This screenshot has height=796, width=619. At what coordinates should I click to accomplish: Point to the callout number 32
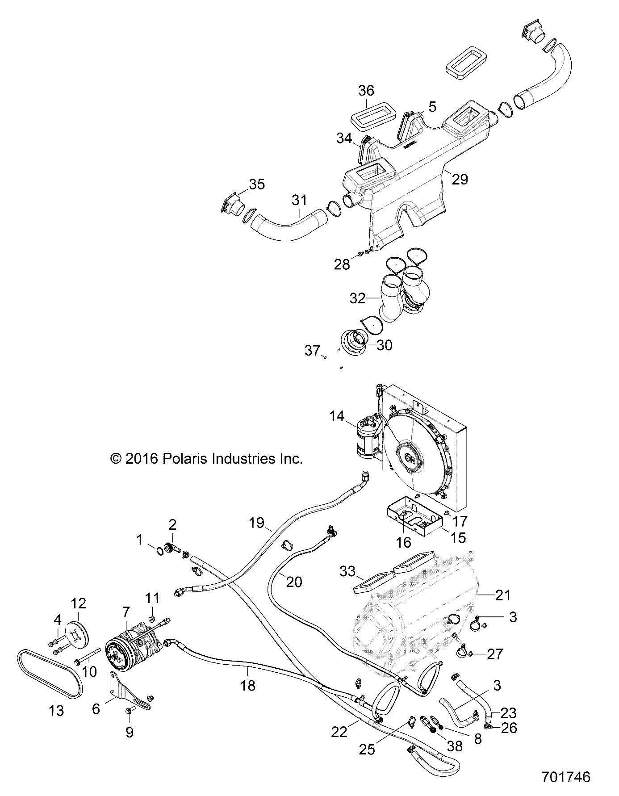(357, 298)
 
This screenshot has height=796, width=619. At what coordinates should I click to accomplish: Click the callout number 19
(257, 523)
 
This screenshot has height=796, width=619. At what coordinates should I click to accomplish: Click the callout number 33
(347, 571)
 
